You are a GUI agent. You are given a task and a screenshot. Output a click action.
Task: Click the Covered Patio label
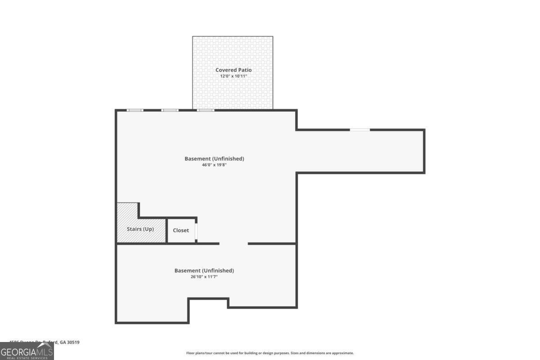coord(233,70)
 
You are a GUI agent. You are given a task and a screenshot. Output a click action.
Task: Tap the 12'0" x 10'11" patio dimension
coord(233,76)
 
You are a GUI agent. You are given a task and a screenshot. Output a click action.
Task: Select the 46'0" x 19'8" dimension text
coord(214,165)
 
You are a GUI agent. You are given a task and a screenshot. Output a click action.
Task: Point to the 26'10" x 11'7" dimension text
coord(204,277)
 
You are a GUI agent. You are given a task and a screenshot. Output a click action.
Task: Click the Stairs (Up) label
coord(140,229)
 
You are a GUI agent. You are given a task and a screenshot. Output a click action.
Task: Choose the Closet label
coord(181,230)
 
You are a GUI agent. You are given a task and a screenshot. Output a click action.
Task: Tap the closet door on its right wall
coord(196,230)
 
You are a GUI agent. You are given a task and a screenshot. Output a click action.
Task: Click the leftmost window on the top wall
coord(135,110)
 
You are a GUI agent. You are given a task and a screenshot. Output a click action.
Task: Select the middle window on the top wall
coord(170,110)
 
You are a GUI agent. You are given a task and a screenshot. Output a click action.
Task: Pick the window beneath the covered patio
coord(206,110)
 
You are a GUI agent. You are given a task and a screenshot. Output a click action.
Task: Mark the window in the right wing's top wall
coord(360,130)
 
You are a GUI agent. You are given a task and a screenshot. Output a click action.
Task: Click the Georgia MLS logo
coord(27,351)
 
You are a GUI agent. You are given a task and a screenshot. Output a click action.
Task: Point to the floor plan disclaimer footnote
coord(270,353)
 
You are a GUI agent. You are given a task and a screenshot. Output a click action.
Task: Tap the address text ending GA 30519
coord(45,342)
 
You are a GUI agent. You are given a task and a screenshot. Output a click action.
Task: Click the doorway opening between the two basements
coord(234,244)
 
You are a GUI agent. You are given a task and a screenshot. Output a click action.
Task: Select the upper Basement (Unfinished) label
coord(214,158)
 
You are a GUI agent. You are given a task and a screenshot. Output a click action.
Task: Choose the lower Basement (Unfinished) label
coord(204,270)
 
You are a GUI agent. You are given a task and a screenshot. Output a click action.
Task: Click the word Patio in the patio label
coord(245,70)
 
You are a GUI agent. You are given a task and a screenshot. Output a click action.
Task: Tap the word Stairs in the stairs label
coord(134,229)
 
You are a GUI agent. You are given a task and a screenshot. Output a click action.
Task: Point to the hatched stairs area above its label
coord(127,214)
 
